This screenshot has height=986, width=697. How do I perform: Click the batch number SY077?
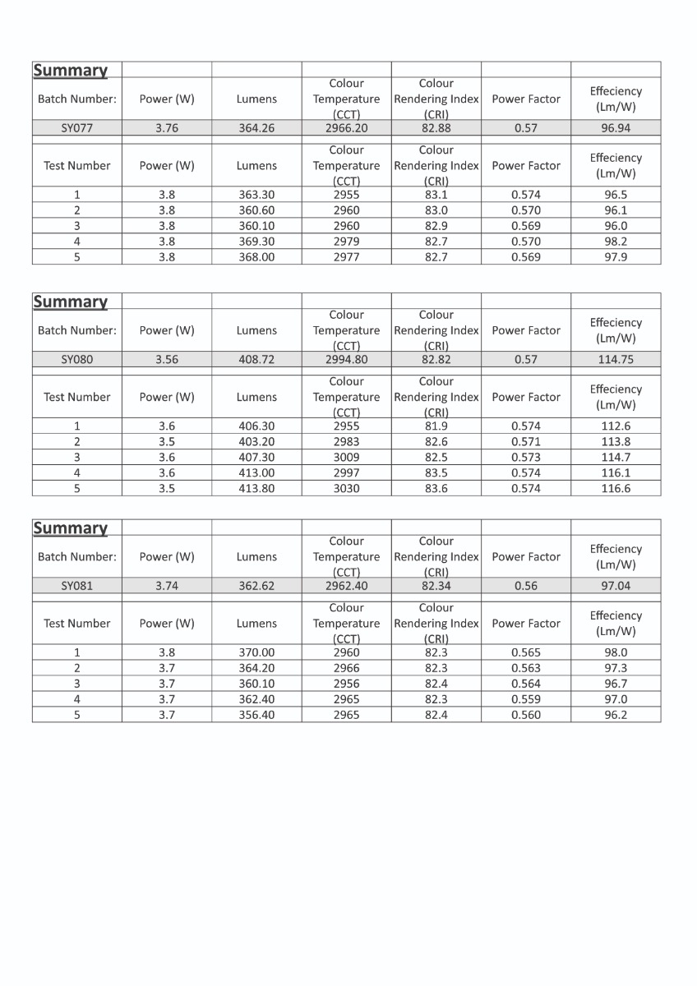click(x=77, y=128)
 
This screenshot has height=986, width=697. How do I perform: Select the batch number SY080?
click(x=77, y=360)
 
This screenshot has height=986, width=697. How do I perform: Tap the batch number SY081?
click(x=77, y=586)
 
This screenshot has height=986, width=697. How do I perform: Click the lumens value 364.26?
click(x=256, y=128)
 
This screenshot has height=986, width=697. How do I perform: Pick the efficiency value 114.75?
click(x=616, y=360)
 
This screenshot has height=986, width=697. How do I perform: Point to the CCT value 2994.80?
click(x=346, y=360)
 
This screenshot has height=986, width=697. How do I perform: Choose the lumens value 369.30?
click(x=256, y=242)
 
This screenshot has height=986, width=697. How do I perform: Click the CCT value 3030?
click(x=346, y=488)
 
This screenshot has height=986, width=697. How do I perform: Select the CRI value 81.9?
click(x=436, y=426)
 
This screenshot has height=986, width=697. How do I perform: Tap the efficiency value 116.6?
click(x=616, y=488)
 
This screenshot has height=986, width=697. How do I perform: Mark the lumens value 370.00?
click(x=256, y=652)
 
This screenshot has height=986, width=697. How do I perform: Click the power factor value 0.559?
click(x=526, y=699)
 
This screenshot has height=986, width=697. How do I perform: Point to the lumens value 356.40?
click(x=256, y=715)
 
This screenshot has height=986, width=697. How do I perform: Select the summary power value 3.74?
click(x=167, y=586)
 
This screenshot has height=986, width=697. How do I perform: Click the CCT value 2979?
click(x=346, y=242)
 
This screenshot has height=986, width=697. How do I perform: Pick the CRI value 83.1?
click(x=436, y=195)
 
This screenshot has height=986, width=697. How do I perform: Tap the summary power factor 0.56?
click(x=526, y=586)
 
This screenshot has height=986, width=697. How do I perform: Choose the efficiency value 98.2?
click(x=616, y=242)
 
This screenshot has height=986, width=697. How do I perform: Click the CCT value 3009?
click(x=346, y=457)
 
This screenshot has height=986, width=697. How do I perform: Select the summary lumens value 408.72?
click(x=256, y=360)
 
